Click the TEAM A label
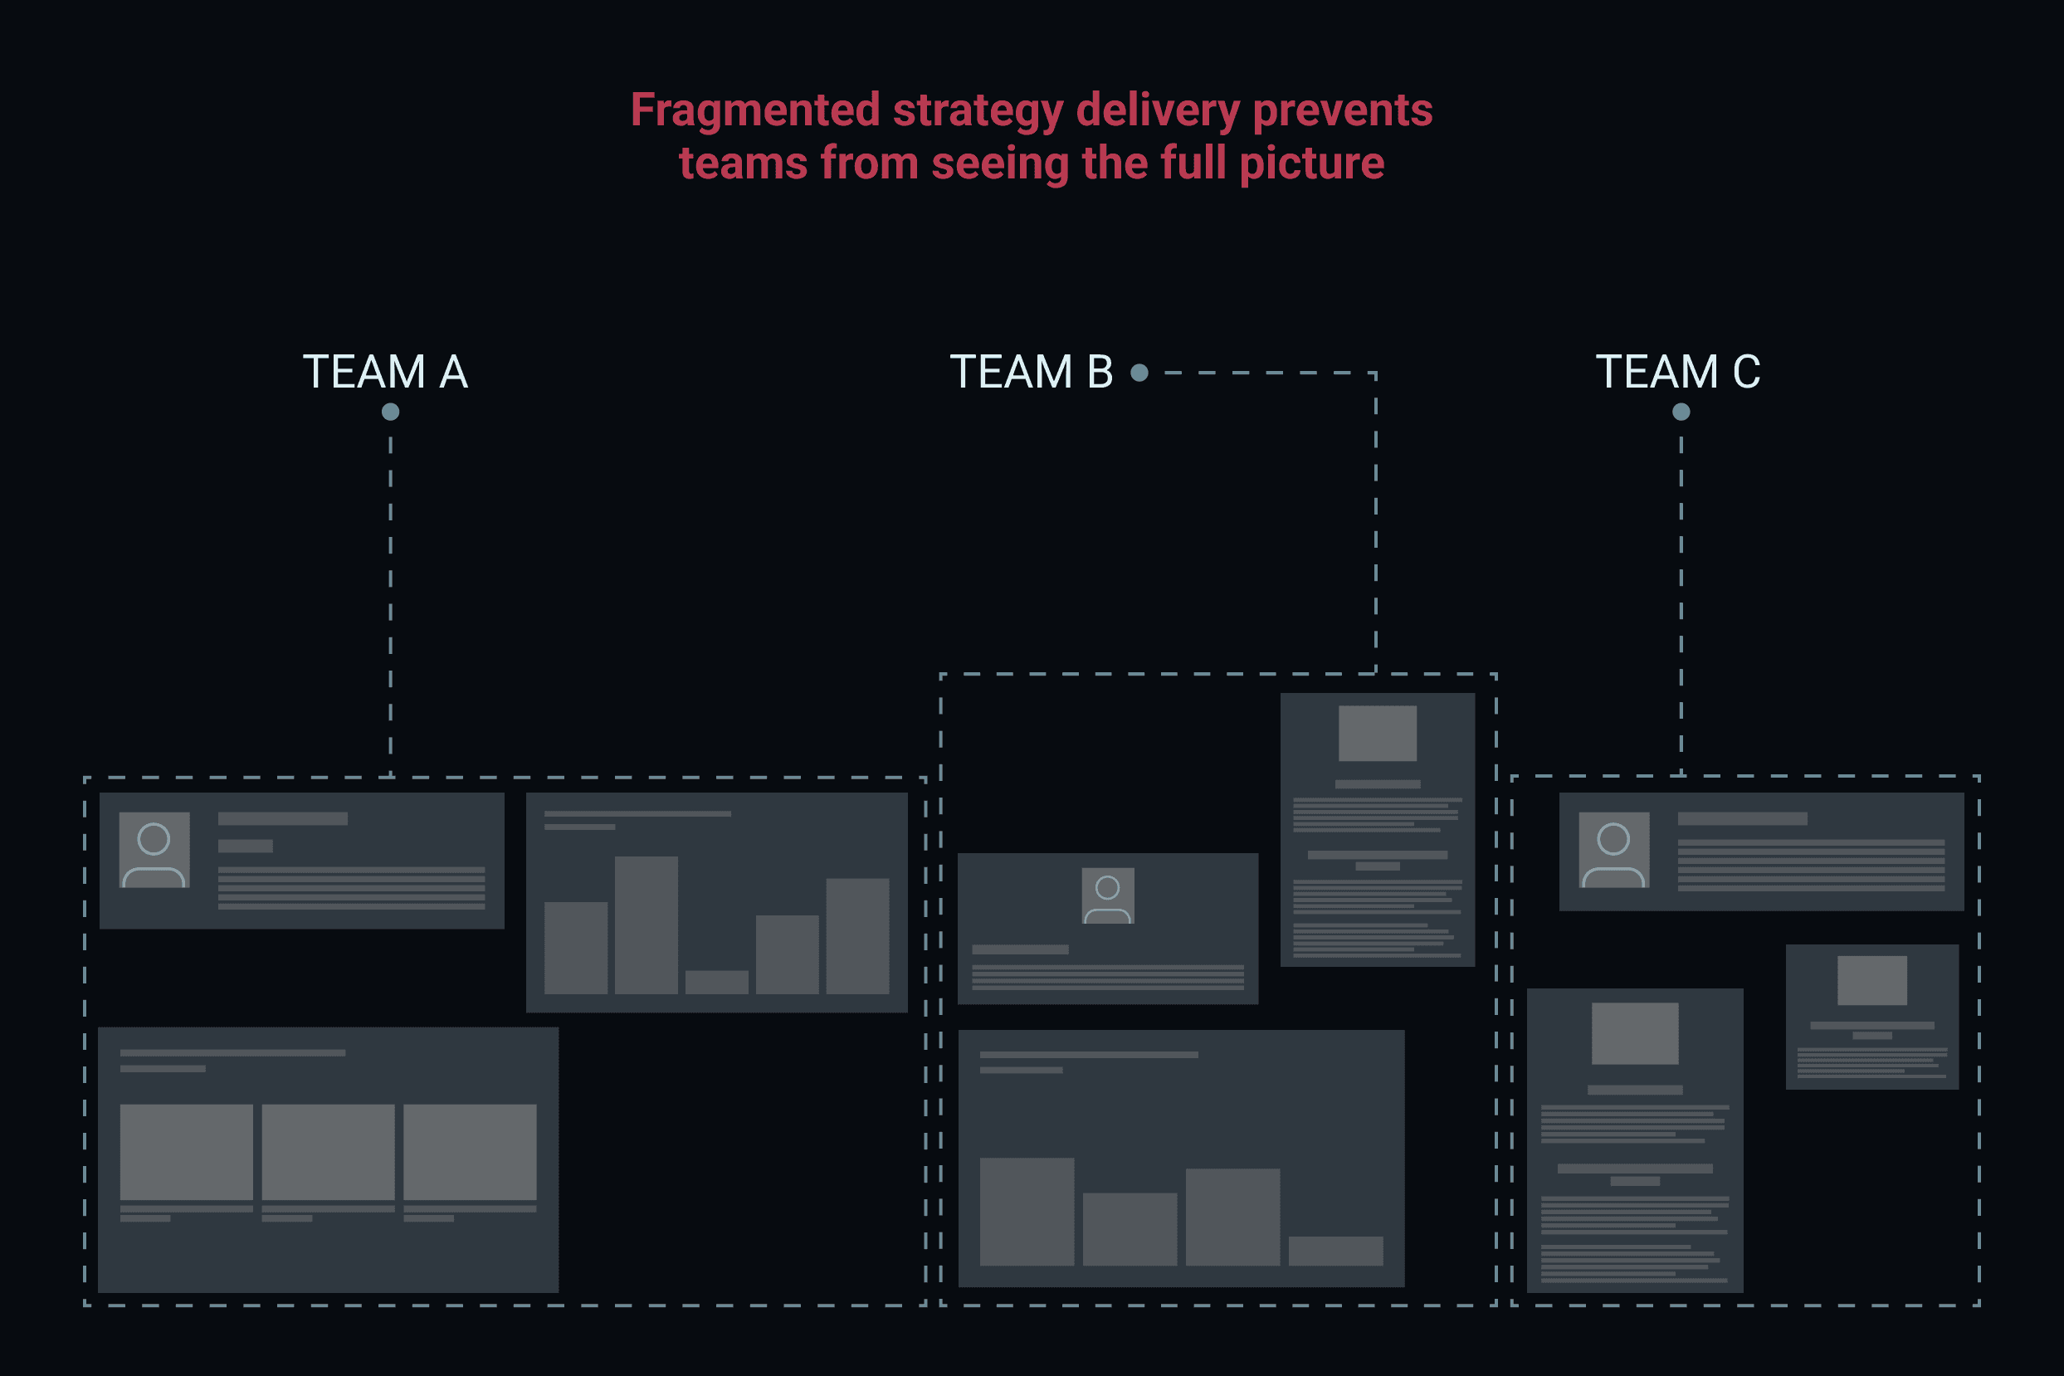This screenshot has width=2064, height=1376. tap(385, 372)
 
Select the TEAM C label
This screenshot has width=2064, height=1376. tap(1677, 372)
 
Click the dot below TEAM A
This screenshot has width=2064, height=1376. tap(391, 412)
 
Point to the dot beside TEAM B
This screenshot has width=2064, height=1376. tap(1139, 373)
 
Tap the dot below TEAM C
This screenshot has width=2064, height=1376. tap(1681, 412)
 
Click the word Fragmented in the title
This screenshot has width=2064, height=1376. tap(754, 110)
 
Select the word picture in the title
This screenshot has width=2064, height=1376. tap(1312, 163)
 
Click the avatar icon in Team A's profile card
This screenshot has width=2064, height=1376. tap(154, 850)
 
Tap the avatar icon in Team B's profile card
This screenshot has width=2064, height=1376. tap(1107, 895)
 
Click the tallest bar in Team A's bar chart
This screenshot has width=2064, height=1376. tap(646, 925)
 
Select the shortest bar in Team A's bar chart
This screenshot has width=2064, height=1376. tap(716, 982)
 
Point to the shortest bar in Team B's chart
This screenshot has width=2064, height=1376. tap(1335, 1251)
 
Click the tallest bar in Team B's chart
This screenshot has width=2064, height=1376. tap(1027, 1211)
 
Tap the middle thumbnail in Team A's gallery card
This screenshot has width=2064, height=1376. tap(328, 1151)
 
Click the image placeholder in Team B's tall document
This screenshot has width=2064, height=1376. tap(1377, 733)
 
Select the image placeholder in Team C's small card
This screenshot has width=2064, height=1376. tap(1871, 980)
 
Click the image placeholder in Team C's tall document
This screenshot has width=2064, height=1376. tap(1635, 1033)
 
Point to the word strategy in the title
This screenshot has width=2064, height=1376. tap(978, 110)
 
